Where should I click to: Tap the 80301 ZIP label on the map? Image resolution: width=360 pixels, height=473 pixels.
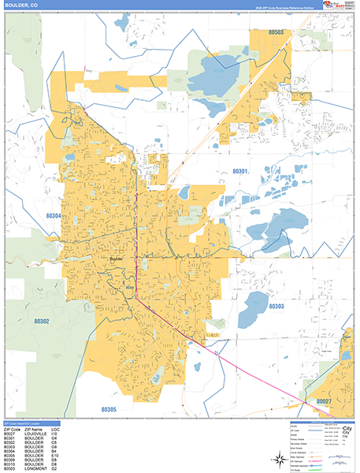pyautogui.click(x=242, y=171)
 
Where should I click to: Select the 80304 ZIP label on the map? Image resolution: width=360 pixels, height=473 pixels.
pyautogui.click(x=54, y=215)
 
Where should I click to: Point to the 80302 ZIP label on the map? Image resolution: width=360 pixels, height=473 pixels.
pyautogui.click(x=42, y=322)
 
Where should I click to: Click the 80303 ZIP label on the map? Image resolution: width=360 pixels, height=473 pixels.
pyautogui.click(x=276, y=306)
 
